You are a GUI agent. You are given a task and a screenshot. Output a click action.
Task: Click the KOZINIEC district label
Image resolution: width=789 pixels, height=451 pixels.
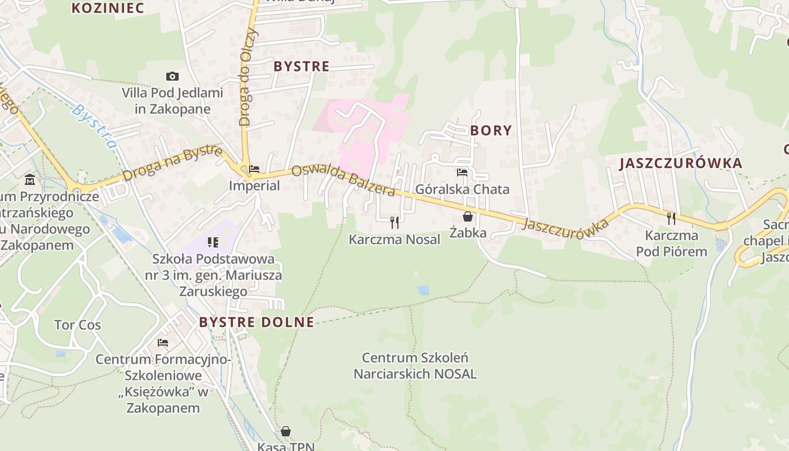click(108, 8)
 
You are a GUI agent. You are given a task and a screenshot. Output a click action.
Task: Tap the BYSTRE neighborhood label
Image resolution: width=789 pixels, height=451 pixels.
click(302, 67)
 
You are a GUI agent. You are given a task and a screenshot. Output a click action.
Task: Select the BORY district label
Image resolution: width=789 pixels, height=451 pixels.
click(491, 131)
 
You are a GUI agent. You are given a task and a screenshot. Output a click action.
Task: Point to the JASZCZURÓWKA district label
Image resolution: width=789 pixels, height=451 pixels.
click(681, 163)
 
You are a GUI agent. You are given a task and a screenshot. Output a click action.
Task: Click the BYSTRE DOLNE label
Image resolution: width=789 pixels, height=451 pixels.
click(256, 322)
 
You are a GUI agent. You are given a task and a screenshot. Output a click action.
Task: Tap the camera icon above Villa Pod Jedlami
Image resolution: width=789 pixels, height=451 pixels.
click(172, 76)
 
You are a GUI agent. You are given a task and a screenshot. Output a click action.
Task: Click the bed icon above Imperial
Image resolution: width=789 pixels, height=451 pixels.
click(254, 169)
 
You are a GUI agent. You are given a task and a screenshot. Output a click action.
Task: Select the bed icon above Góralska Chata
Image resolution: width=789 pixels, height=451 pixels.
click(462, 173)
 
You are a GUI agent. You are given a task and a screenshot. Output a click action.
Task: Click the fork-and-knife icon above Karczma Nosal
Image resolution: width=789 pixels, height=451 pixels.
click(394, 223)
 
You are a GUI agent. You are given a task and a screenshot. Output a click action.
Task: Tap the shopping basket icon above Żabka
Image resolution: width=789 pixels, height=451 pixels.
click(468, 216)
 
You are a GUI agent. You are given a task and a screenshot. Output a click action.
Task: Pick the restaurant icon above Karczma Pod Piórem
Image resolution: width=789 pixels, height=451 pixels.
click(671, 219)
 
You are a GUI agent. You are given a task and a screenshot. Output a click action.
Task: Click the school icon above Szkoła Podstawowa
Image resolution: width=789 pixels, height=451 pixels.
click(213, 242)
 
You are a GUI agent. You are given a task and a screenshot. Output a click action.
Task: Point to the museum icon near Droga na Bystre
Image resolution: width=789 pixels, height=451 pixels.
click(30, 180)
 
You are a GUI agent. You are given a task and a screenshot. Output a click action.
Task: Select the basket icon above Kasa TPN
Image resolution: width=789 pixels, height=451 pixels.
click(286, 431)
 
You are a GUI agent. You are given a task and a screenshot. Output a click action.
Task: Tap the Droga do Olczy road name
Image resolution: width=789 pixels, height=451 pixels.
click(249, 77)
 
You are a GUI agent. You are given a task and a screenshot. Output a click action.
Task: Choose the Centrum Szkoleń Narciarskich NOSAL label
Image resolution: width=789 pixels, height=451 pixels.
click(415, 366)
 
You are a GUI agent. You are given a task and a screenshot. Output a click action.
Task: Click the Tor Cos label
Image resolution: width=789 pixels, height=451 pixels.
click(77, 325)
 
